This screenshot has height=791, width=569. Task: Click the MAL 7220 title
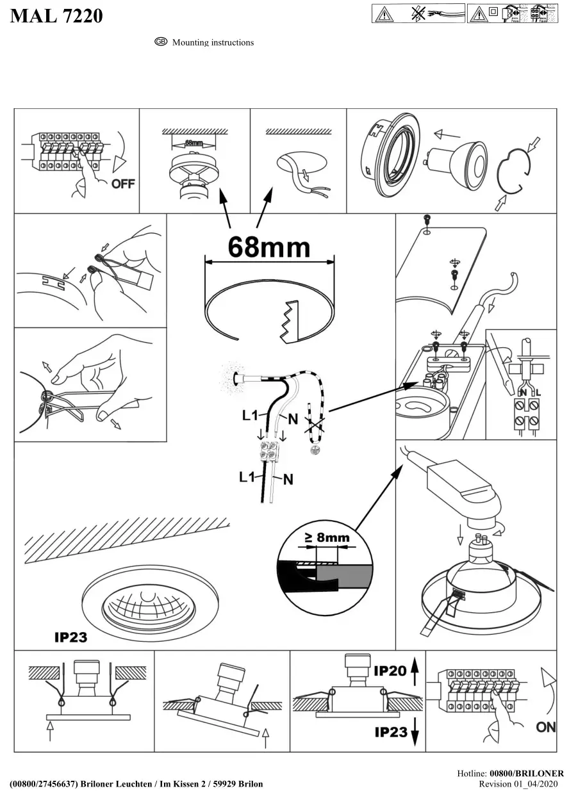56,16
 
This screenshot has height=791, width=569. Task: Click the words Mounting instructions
213,43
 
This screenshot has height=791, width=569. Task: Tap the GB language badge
161,42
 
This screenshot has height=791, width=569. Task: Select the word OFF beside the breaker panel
123,184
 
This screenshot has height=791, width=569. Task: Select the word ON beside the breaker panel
546,727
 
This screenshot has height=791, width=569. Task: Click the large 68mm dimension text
268,247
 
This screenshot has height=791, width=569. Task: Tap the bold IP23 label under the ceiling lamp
70,637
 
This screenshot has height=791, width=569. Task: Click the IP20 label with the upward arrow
390,671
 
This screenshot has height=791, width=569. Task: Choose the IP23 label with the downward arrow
390,731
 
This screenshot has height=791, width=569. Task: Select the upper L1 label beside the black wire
251,415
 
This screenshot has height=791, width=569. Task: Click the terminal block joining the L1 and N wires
272,453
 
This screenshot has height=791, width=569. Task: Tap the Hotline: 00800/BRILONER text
511,774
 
